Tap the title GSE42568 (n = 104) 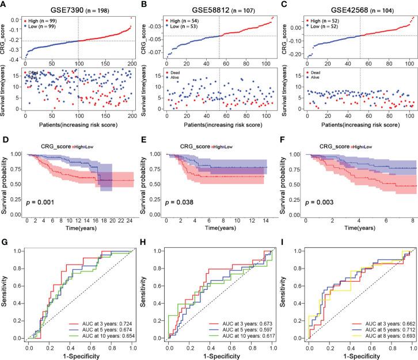point(352,5)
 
